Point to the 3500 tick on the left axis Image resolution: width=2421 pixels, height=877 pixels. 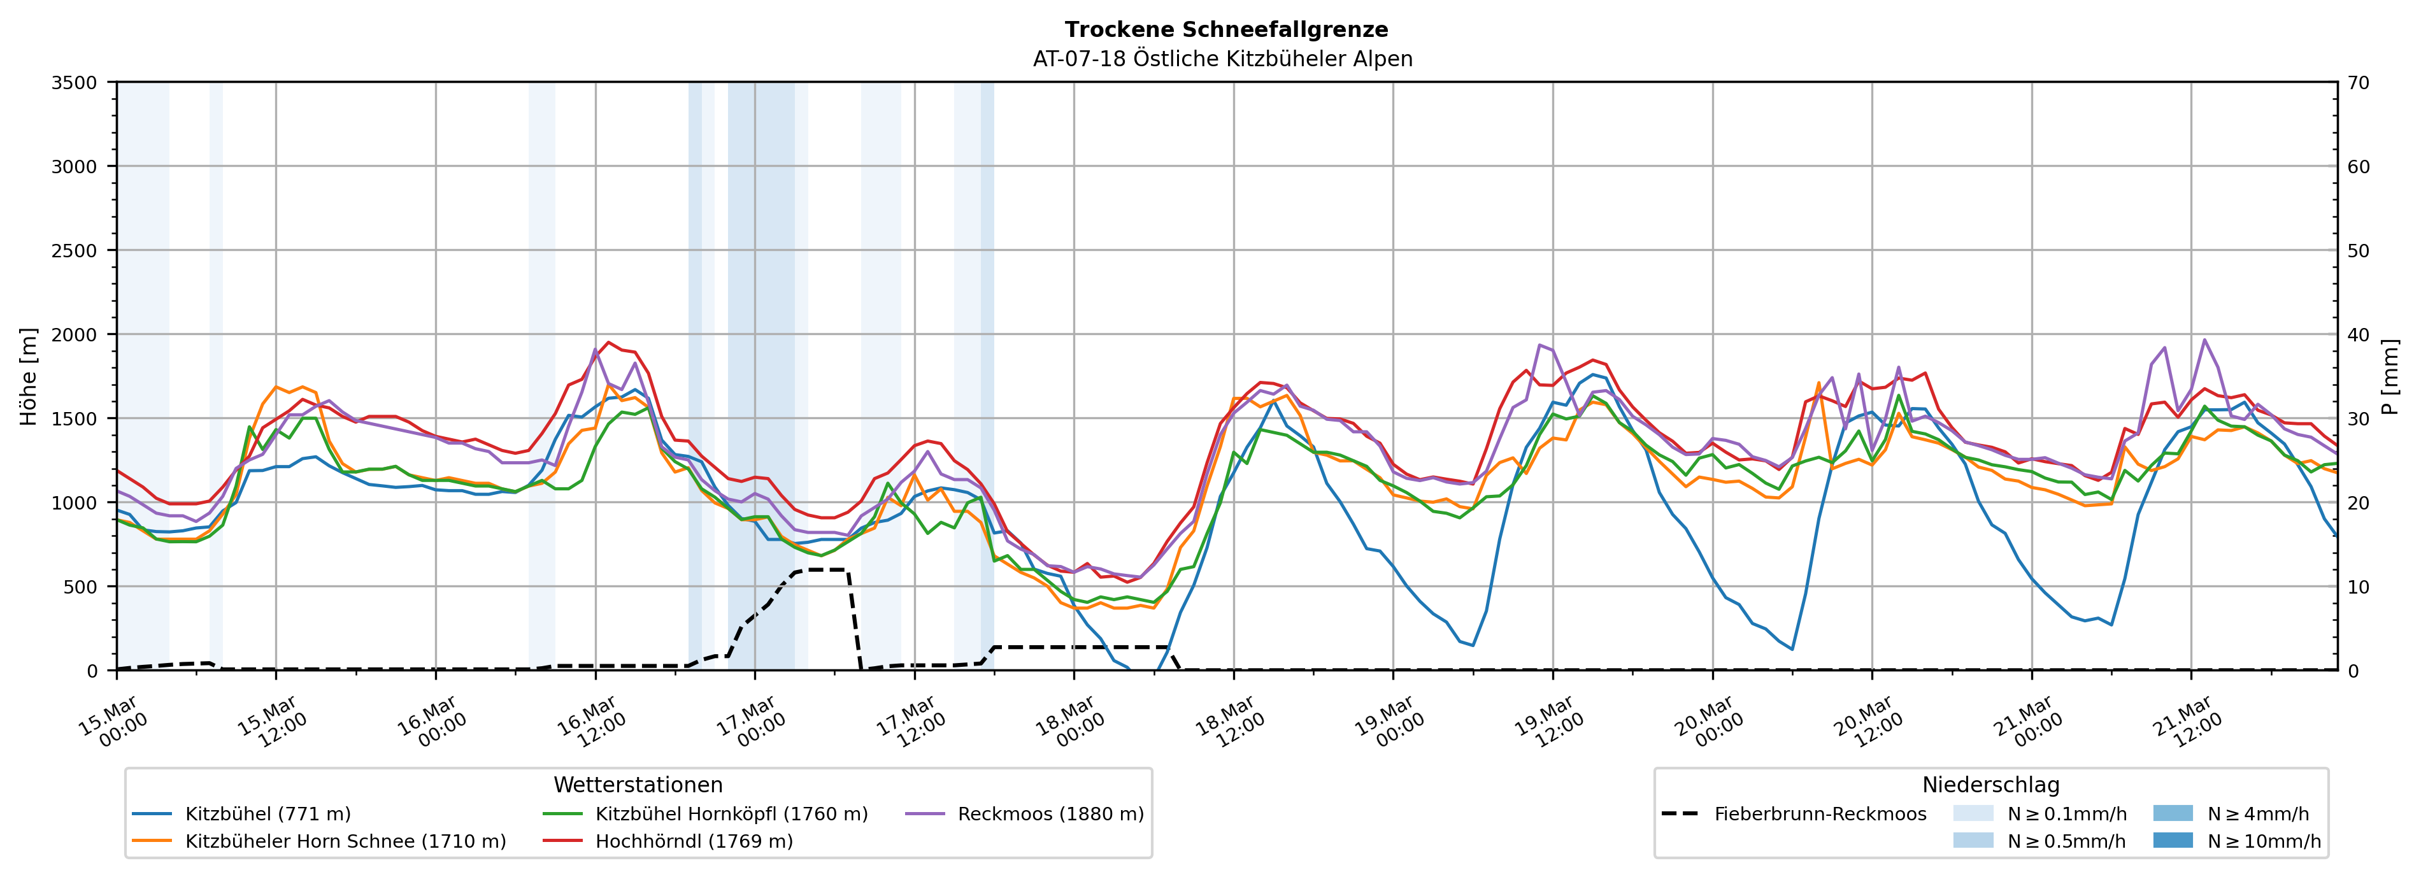click(75, 83)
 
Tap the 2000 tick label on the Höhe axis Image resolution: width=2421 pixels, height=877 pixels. click(75, 334)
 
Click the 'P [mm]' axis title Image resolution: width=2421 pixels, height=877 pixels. click(2390, 376)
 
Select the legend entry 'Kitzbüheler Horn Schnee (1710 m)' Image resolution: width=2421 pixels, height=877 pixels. click(345, 841)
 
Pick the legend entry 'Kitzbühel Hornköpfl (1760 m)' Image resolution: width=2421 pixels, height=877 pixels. click(731, 814)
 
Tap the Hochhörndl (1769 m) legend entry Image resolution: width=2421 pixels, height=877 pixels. click(694, 841)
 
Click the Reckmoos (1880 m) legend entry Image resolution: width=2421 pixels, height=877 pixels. click(1050, 814)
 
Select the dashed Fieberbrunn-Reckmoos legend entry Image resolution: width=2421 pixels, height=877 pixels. click(1820, 814)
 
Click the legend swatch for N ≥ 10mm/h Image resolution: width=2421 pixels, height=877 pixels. click(2172, 840)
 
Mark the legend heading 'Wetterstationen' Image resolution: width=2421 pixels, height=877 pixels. click(638, 785)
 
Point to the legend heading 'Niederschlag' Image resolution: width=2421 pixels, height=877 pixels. click(1990, 785)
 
